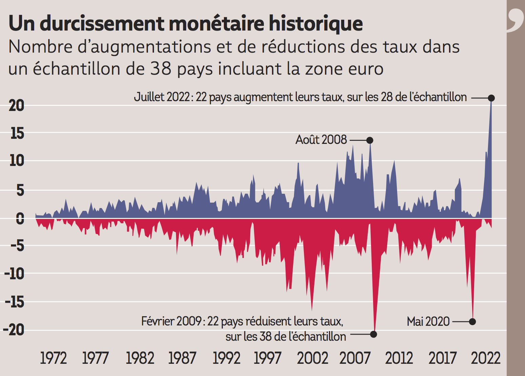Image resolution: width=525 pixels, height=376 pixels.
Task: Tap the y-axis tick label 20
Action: coord(17,106)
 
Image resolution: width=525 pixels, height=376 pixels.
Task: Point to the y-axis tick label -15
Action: coord(15,302)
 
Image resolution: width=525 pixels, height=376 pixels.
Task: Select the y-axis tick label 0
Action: coord(20,219)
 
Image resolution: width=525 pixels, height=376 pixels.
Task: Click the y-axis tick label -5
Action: coord(17,246)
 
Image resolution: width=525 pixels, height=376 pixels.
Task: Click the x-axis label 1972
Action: coord(53,358)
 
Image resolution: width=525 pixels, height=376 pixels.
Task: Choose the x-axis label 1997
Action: coord(267,358)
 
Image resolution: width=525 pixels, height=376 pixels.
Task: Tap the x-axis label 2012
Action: coord(399,358)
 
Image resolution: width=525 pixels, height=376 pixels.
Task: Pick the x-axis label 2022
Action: coord(485,358)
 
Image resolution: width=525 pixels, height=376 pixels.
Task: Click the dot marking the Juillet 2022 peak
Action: coord(491,98)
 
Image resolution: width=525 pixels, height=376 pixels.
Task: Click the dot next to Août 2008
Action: coord(370,140)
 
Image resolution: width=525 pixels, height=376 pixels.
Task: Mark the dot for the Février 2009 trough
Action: coord(373,334)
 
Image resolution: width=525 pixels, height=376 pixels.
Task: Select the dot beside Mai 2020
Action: coord(472,321)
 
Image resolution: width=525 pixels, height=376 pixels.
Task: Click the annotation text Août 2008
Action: coord(321,140)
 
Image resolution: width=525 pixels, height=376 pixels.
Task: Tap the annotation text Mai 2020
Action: coord(428,321)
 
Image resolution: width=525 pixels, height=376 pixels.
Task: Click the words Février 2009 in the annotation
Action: coord(171,321)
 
